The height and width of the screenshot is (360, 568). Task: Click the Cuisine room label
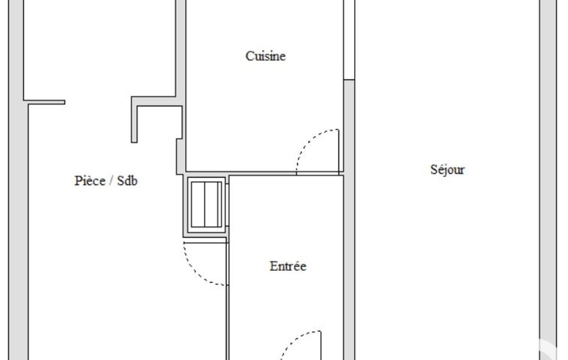265,56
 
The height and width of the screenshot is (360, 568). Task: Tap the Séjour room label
447,170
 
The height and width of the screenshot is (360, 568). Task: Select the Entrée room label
288,266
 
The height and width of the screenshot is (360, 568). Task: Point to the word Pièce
90,181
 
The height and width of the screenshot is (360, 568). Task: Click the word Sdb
127,181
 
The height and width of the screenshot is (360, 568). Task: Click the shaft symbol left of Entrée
206,204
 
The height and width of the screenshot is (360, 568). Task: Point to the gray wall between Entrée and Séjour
349,219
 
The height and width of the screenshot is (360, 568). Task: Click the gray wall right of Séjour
547,180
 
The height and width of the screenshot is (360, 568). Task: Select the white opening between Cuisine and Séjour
349,39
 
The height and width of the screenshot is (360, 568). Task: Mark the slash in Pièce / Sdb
111,181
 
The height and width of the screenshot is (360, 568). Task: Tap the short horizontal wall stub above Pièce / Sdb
44,102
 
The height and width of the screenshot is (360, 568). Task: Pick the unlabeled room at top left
100,49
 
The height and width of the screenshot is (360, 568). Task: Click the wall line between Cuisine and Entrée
264,173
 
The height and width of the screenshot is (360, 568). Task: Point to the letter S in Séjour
433,169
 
